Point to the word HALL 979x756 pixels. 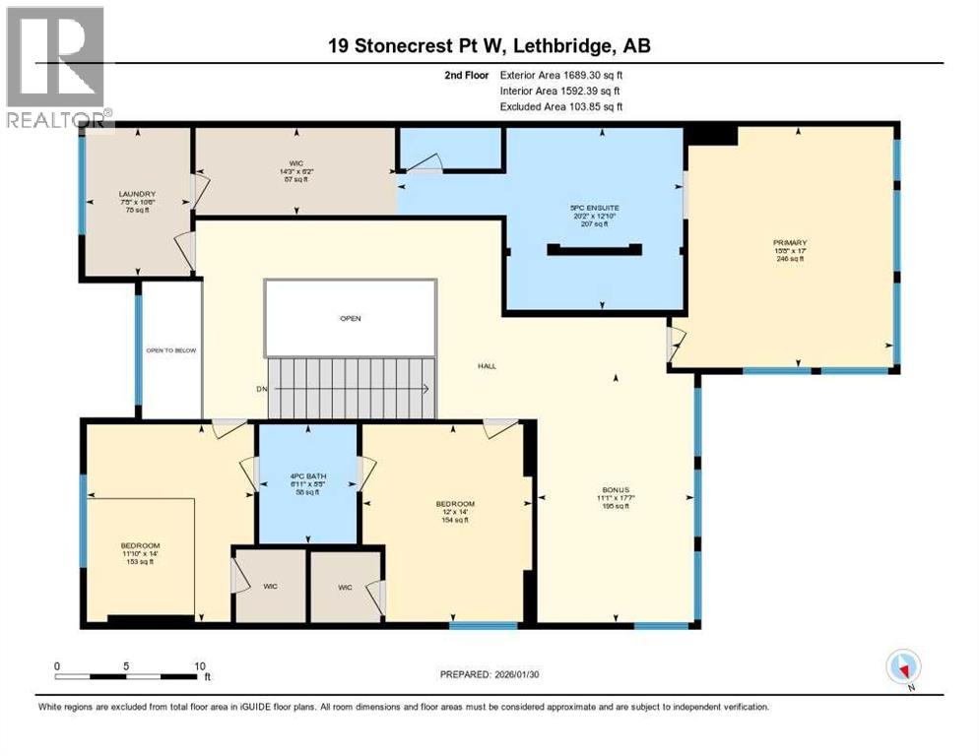point(488,366)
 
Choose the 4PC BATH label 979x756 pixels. point(308,476)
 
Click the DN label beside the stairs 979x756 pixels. point(262,389)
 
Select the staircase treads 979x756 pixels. point(353,388)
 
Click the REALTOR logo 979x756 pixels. point(55,68)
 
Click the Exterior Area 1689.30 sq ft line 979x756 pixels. point(561,74)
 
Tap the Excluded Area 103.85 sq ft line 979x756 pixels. point(561,106)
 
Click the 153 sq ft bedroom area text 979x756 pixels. point(140,560)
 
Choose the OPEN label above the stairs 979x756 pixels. point(351,319)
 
